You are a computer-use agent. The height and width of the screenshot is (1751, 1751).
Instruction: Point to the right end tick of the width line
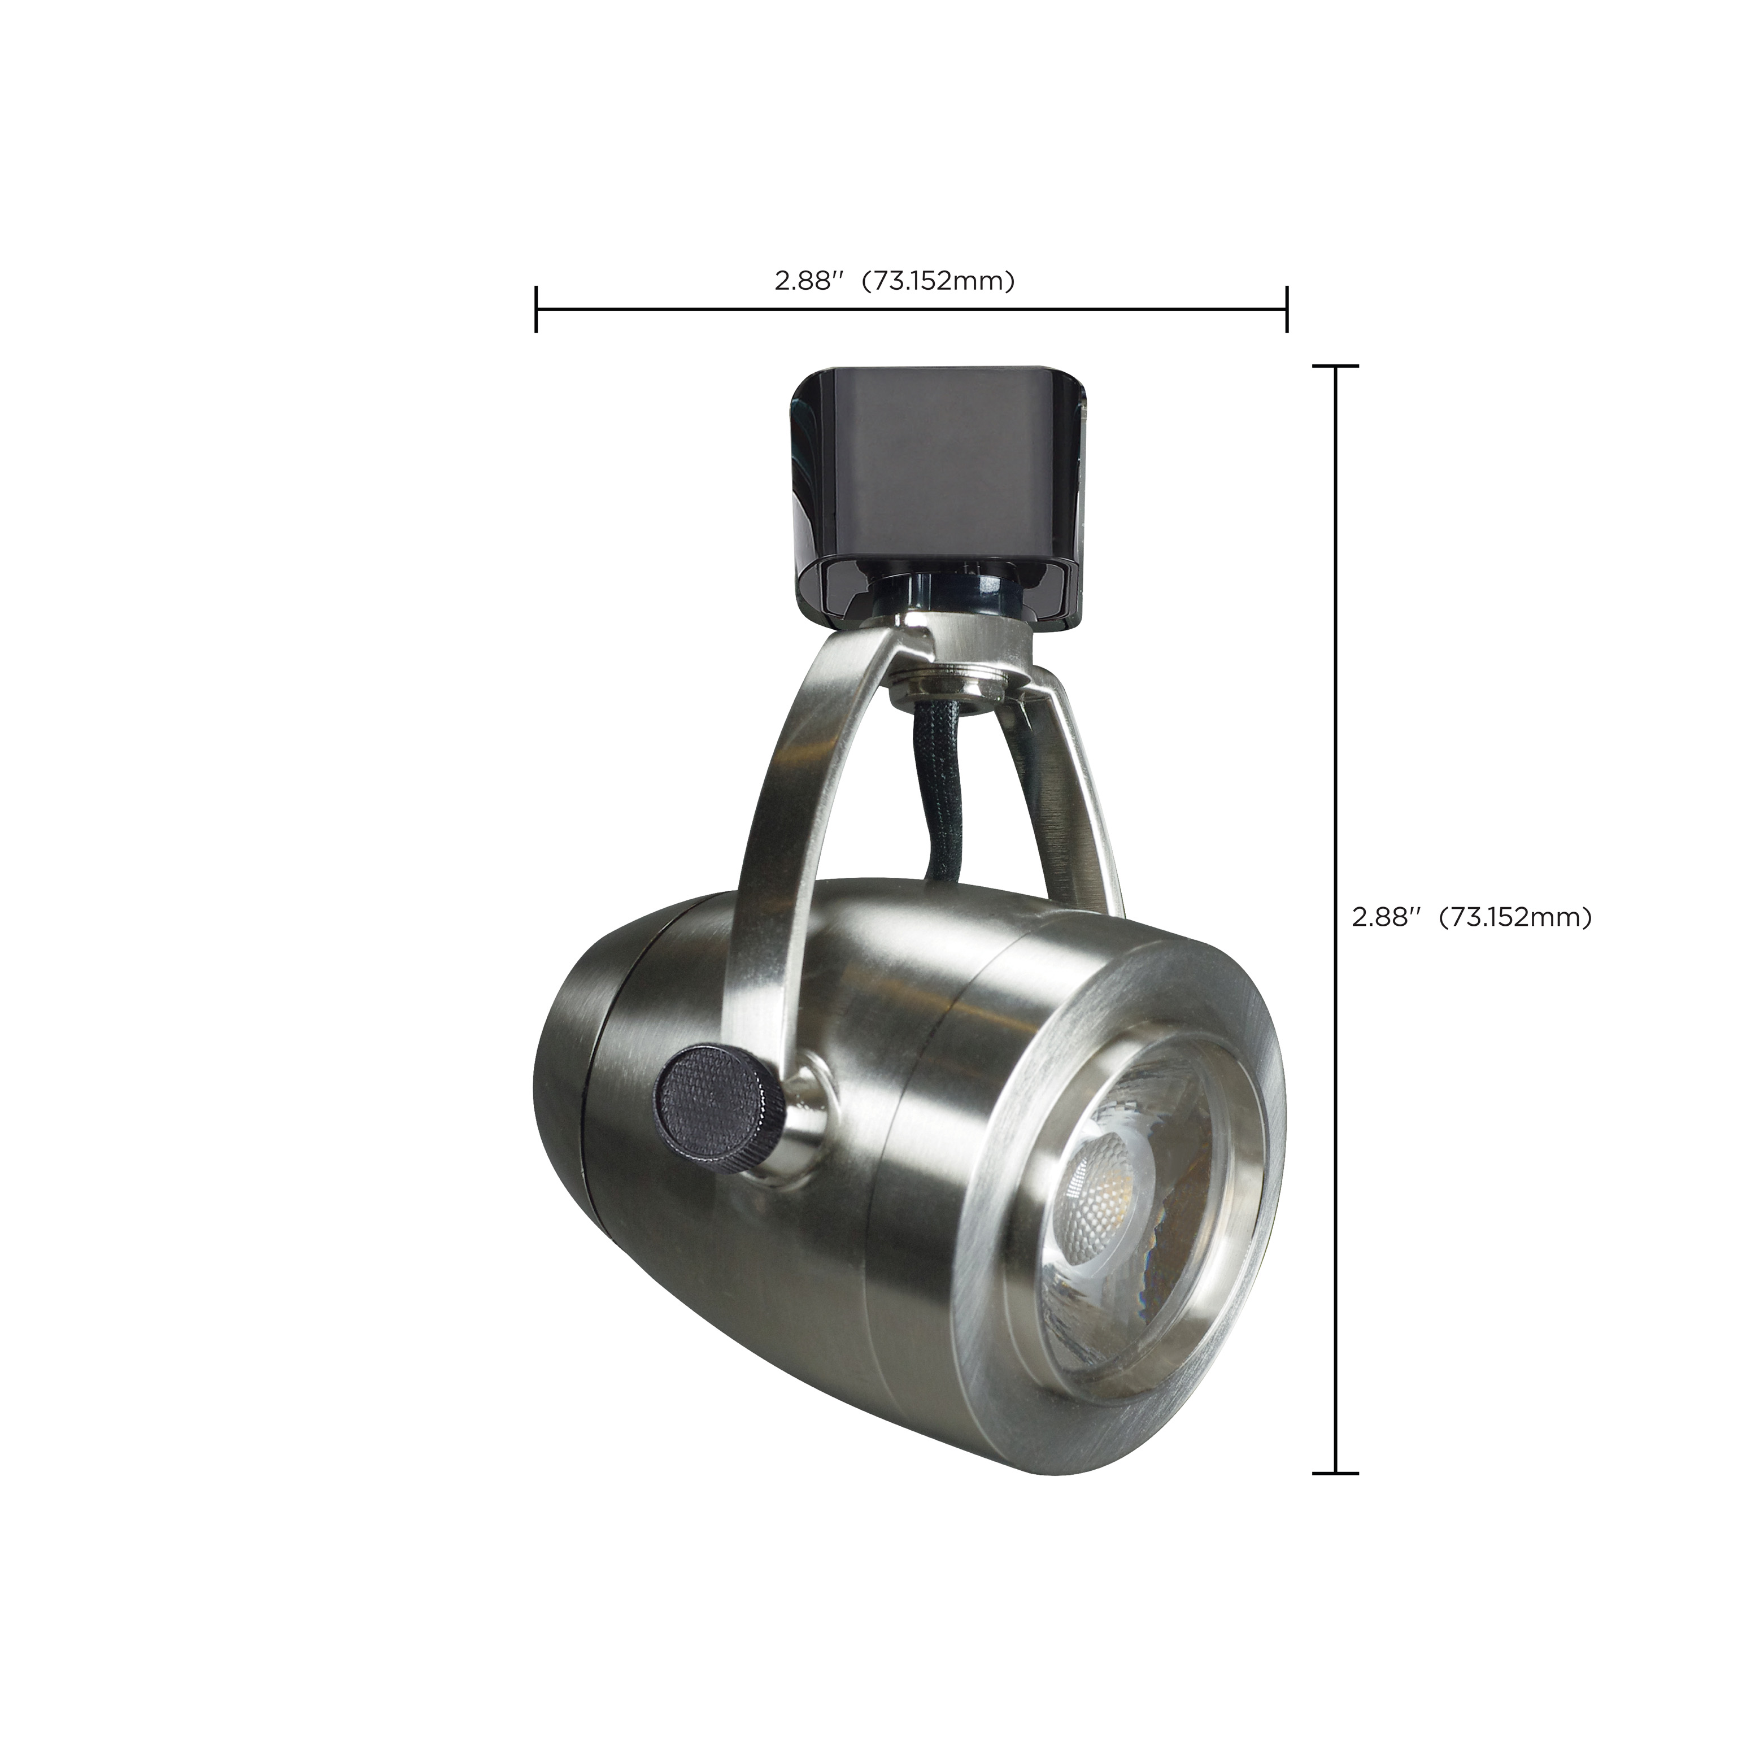1286,309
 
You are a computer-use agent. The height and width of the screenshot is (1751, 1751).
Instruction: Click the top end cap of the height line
1336,366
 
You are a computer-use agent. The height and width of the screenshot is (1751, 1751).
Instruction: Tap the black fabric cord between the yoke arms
934,798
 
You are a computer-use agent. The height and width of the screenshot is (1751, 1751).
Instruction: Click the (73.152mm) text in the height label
1515,918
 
